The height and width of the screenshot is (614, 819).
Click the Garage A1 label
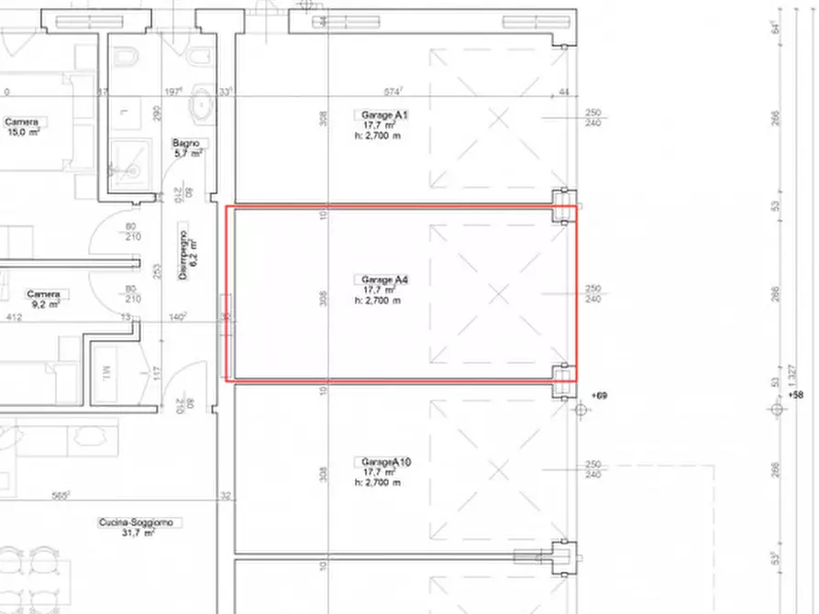(378, 115)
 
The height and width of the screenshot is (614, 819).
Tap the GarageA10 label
(385, 462)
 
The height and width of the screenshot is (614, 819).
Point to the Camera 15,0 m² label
(21, 121)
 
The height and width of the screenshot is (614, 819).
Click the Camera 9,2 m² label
(43, 294)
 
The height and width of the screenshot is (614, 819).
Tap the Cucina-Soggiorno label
(140, 522)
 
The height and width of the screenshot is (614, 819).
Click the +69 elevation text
(600, 395)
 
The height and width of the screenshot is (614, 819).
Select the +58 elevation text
(795, 395)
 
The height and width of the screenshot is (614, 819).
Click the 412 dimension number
(14, 317)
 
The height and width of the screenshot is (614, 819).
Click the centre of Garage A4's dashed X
(498, 293)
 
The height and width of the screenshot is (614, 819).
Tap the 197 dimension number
(172, 92)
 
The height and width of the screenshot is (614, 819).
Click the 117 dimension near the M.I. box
(156, 373)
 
